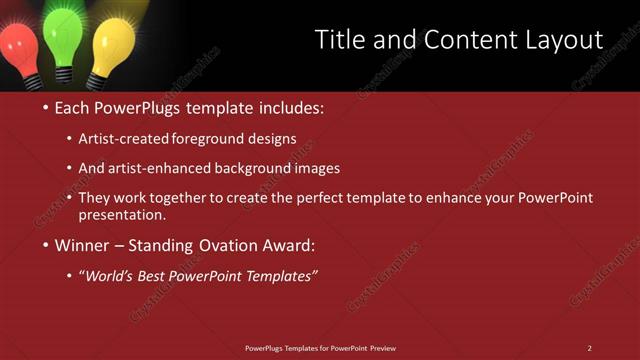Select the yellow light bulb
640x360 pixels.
point(113,43)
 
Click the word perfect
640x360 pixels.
point(359,198)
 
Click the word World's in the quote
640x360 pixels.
point(109,276)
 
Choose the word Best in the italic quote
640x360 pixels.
point(155,276)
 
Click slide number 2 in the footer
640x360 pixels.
point(589,348)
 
